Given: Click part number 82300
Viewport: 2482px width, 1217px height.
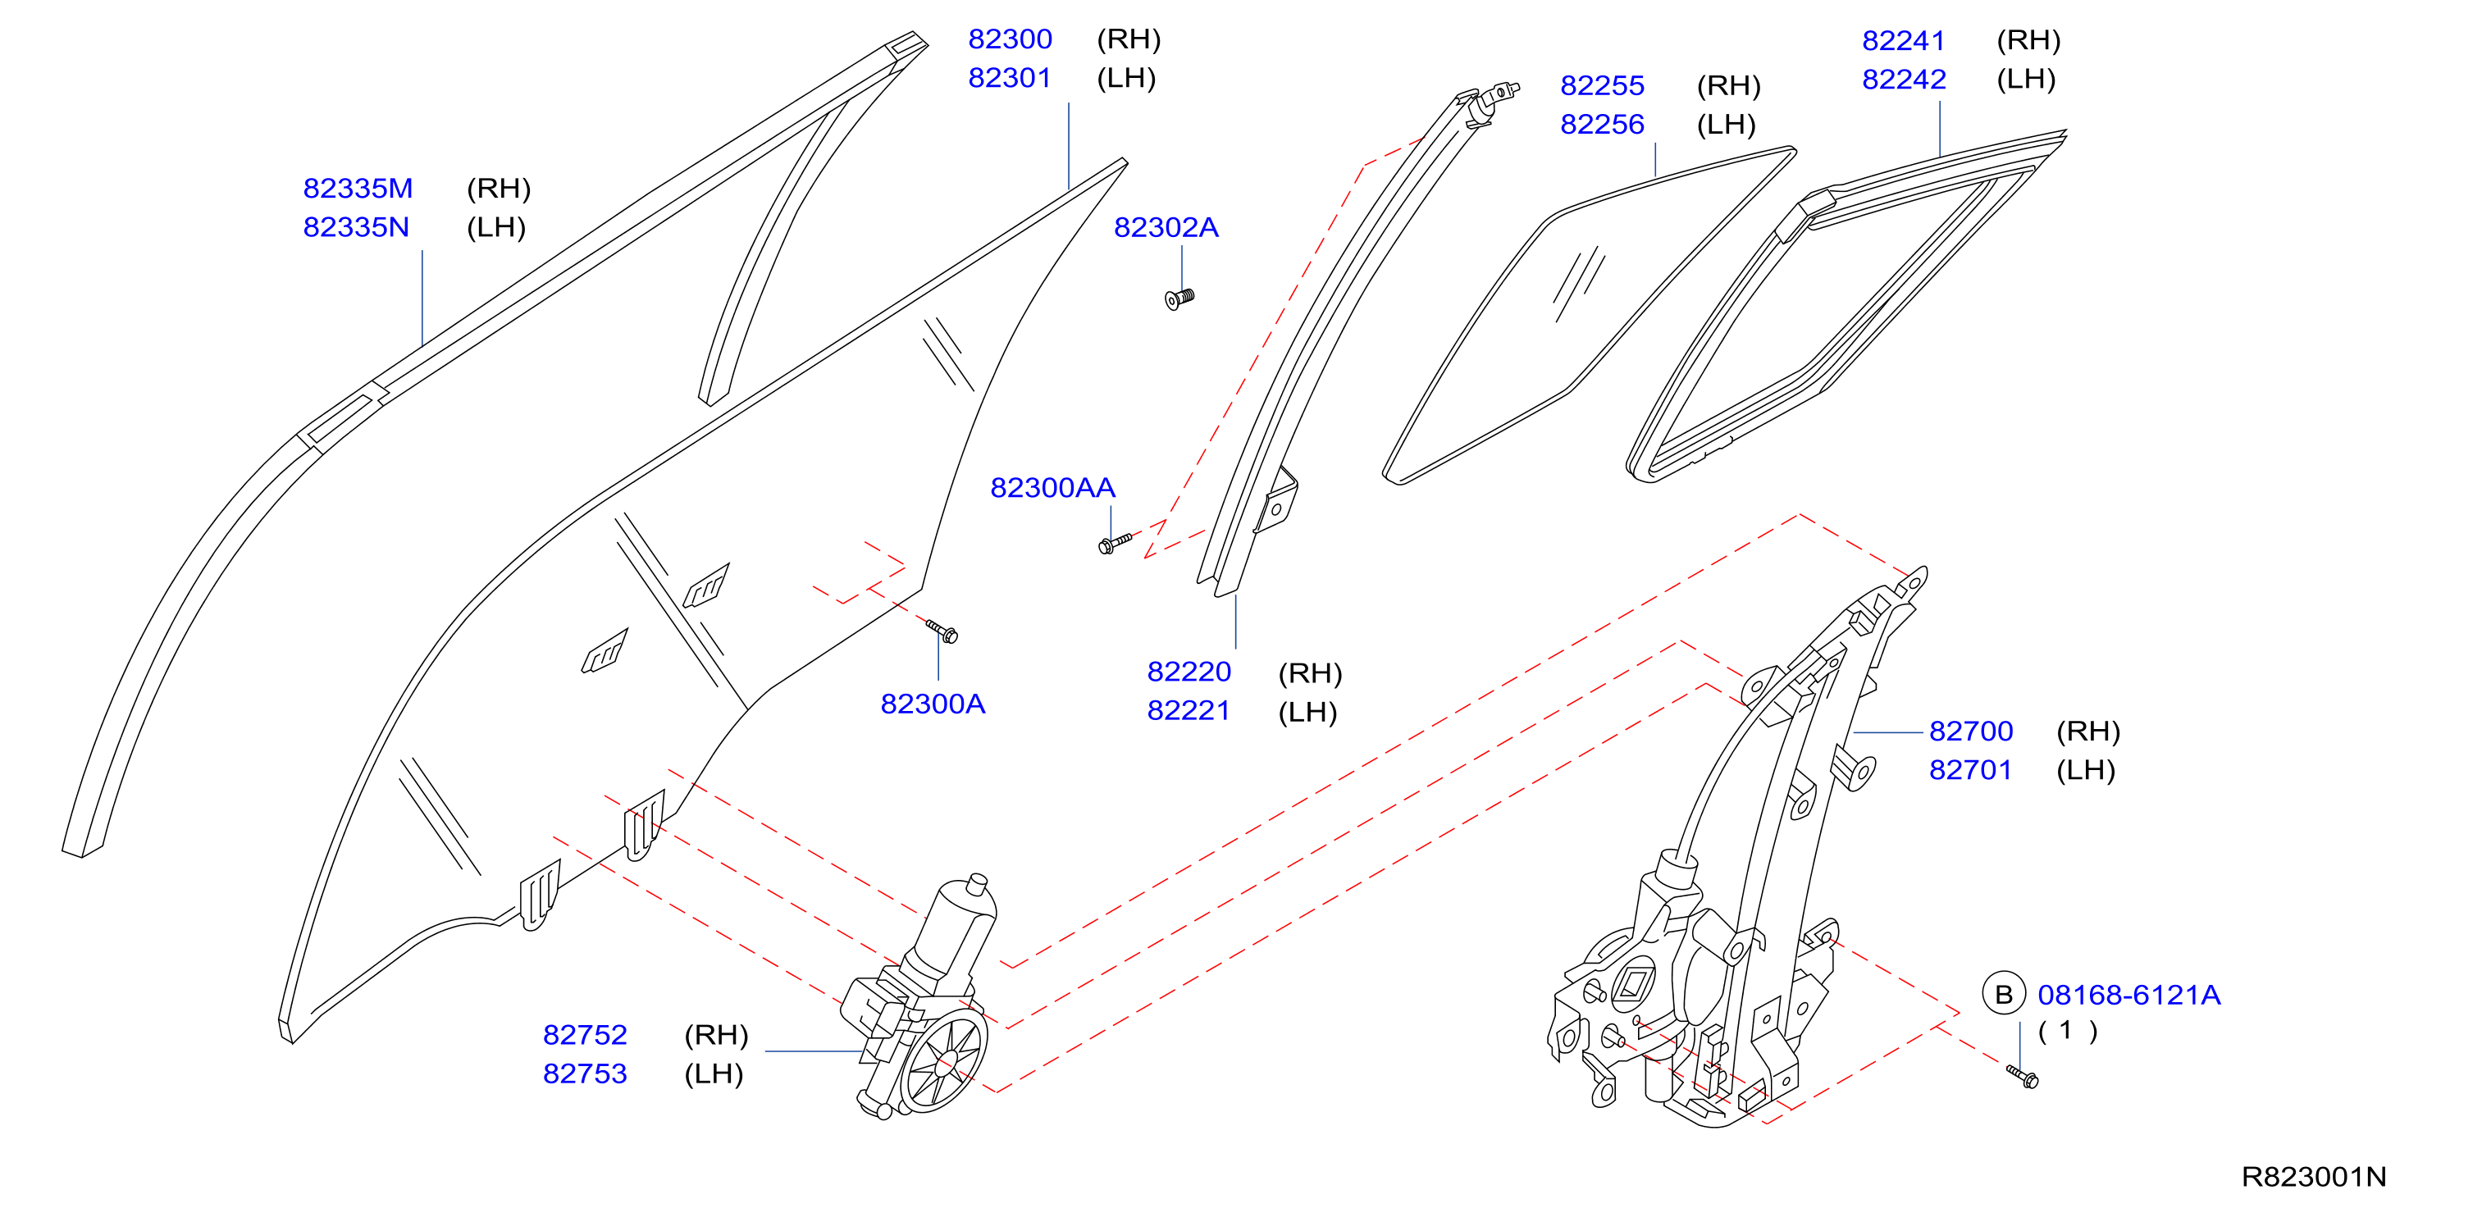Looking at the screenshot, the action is tap(1010, 39).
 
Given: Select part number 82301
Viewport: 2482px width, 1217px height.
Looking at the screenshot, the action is tap(1010, 77).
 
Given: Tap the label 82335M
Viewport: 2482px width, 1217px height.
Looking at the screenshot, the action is tap(358, 188).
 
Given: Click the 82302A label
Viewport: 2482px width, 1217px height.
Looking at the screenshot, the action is tap(1166, 227).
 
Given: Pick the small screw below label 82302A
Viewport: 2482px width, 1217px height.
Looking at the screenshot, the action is tap(1179, 299).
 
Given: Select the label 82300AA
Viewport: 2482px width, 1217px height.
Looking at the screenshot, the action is tap(1052, 488).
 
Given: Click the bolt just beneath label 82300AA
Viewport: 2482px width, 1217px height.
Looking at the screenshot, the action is tap(1115, 544).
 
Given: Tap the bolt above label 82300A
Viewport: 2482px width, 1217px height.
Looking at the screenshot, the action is tap(942, 631).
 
